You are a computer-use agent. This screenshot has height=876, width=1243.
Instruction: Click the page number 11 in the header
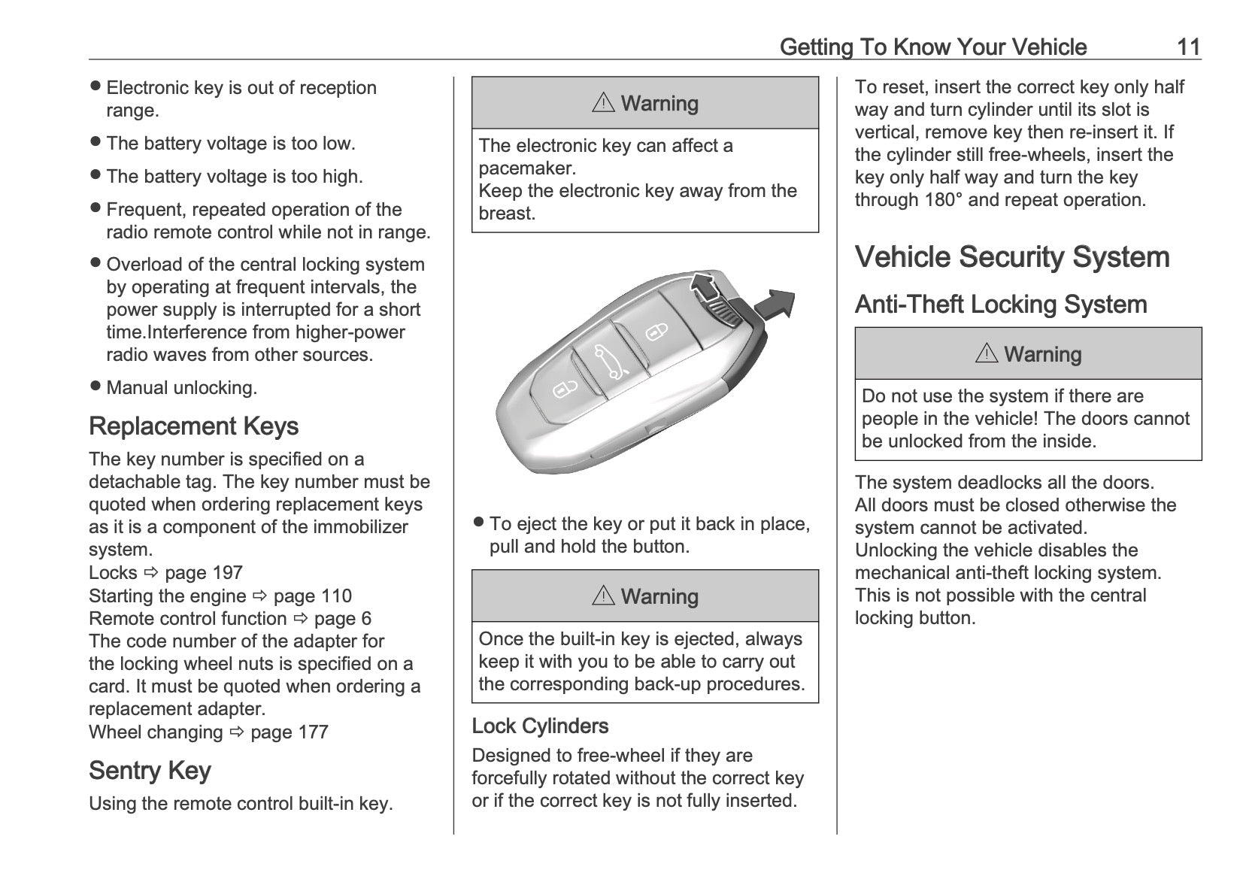(1188, 47)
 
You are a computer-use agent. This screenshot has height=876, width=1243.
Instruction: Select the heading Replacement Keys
(193, 426)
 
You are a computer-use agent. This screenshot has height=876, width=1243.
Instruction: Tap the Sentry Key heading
(150, 771)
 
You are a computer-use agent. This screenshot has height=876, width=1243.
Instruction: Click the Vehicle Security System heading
(1012, 257)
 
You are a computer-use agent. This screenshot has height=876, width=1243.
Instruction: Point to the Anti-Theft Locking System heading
(1001, 305)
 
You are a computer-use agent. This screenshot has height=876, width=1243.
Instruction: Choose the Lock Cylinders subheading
(540, 726)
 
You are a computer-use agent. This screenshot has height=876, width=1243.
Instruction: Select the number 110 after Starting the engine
(336, 596)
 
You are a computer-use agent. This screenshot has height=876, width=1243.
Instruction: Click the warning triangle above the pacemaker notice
(603, 103)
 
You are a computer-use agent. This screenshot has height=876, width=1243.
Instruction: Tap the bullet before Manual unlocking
(95, 386)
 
